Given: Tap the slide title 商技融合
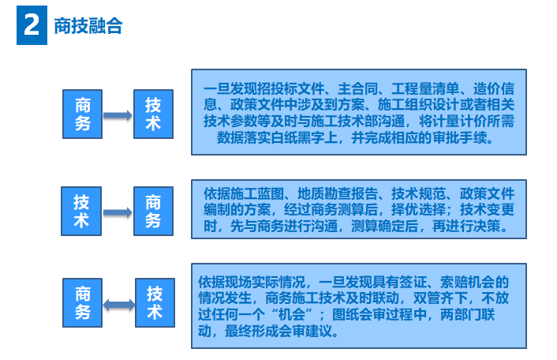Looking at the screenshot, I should pyautogui.click(x=88, y=25).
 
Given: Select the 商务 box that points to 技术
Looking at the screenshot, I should pyautogui.click(x=83, y=114).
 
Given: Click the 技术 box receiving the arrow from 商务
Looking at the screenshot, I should pyautogui.click(x=153, y=114).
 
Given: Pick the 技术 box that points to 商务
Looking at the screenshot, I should pyautogui.click(x=81, y=211).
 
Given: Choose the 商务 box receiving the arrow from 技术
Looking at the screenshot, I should pyautogui.click(x=153, y=211).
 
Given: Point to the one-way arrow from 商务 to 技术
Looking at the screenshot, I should pyautogui.click(x=118, y=115).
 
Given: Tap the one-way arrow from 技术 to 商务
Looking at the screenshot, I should pyautogui.click(x=118, y=212).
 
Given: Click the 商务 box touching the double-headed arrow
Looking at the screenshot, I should pyautogui.click(x=83, y=302).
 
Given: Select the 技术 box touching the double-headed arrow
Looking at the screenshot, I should pyautogui.click(x=155, y=302).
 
